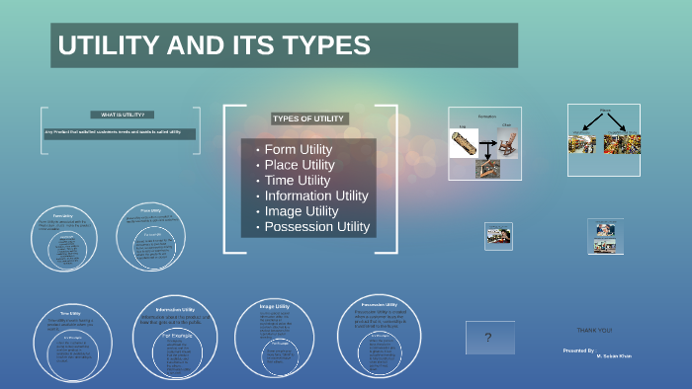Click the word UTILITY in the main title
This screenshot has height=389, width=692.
[104, 45]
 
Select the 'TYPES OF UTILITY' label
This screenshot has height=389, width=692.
[308, 118]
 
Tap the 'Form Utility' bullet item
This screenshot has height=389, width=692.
[298, 149]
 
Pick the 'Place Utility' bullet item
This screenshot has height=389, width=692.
[300, 165]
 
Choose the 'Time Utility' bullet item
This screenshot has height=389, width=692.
[297, 181]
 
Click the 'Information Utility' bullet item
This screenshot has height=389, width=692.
[315, 195]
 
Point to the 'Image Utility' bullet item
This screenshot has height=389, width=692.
[301, 211]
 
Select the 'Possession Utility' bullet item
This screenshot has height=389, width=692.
[316, 227]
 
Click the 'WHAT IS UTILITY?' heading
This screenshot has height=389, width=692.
[123, 115]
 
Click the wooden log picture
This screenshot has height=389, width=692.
[464, 144]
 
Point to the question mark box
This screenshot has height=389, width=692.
[487, 339]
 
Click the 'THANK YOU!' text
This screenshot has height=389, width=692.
[594, 329]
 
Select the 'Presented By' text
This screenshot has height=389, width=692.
[578, 350]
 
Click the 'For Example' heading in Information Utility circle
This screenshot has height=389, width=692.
[178, 334]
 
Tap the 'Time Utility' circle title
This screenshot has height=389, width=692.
[70, 314]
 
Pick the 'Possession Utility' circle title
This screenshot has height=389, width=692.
[380, 305]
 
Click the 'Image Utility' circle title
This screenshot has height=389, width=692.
[274, 307]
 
